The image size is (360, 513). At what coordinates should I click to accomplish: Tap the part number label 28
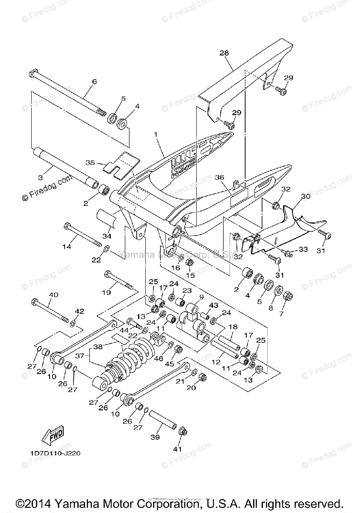(x=224, y=53)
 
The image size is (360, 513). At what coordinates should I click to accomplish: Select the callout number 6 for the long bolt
(x=94, y=81)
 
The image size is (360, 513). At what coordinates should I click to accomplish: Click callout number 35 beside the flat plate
(x=90, y=163)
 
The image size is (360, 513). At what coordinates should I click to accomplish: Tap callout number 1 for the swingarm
(x=156, y=134)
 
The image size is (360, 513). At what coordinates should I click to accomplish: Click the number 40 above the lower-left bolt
(x=53, y=295)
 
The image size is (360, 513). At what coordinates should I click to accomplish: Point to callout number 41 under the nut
(x=177, y=449)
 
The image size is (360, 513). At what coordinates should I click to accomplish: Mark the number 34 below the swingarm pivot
(x=106, y=236)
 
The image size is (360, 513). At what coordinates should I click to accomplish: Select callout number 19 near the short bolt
(x=106, y=292)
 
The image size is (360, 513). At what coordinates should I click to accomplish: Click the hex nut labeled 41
(x=182, y=431)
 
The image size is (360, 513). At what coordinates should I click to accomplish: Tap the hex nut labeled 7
(x=288, y=296)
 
